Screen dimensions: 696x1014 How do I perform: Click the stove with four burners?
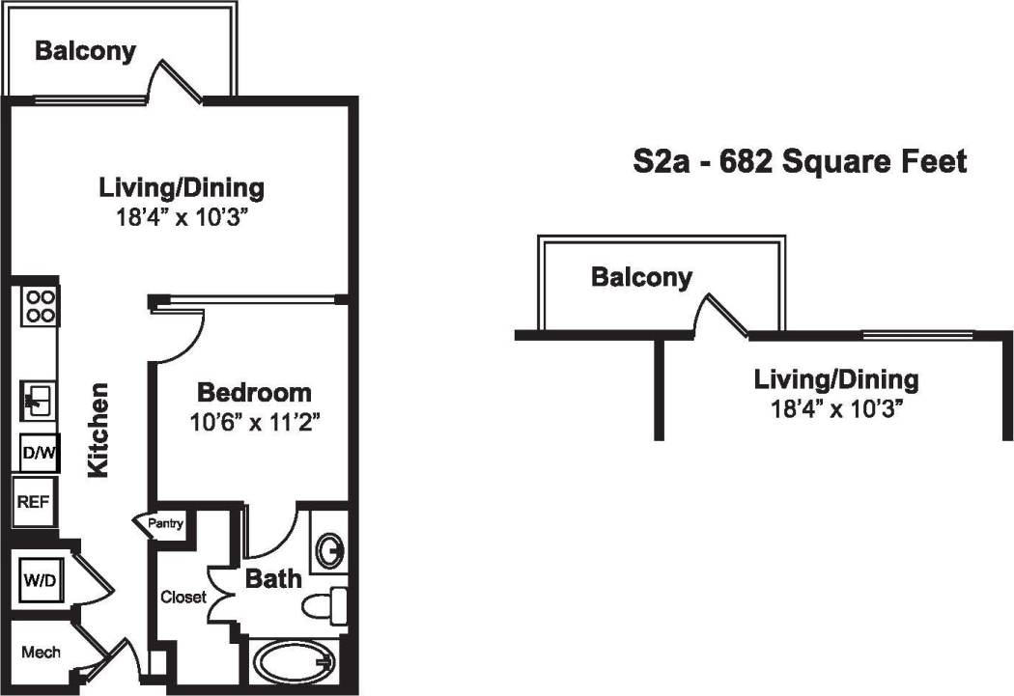tap(40, 306)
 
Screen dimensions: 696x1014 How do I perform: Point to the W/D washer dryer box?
tap(40, 581)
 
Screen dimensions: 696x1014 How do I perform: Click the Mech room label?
tap(41, 652)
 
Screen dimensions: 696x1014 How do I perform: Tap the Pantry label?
tap(166, 524)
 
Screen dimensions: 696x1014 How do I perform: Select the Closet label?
tap(183, 597)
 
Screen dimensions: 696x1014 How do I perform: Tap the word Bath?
tap(273, 579)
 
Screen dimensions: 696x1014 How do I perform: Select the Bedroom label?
tap(254, 392)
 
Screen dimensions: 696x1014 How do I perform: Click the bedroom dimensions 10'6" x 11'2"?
tap(254, 421)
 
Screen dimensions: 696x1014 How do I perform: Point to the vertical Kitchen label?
tap(98, 431)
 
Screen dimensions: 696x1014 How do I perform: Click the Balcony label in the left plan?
tap(85, 50)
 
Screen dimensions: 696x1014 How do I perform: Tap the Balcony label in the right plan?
tap(641, 278)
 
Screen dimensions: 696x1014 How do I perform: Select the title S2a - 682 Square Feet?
tap(799, 161)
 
